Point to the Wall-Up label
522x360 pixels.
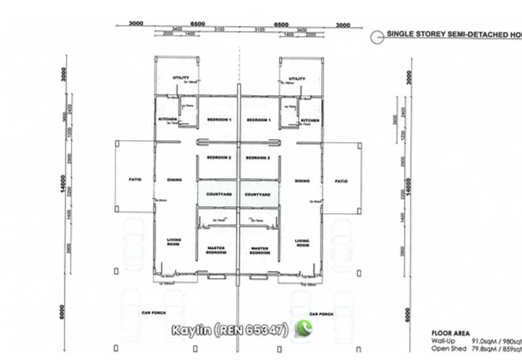444,340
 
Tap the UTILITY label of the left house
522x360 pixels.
180,78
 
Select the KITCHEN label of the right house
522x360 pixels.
310,120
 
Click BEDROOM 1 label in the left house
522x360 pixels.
219,120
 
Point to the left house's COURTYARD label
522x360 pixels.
219,194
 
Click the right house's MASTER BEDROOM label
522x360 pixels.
260,251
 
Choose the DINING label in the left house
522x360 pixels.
174,181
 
